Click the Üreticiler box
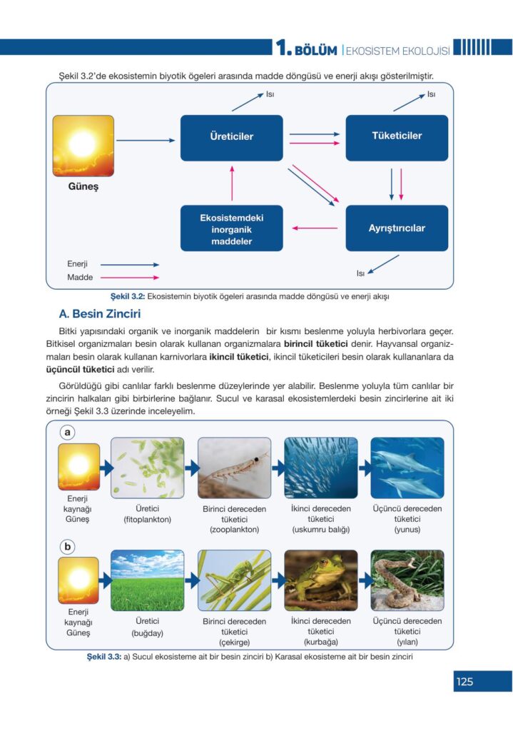click(x=232, y=138)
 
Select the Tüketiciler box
click(x=397, y=138)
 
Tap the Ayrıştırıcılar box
click(x=397, y=228)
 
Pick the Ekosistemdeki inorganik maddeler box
click(x=232, y=228)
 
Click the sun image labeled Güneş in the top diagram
click(x=83, y=146)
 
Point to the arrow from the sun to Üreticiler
click(x=146, y=140)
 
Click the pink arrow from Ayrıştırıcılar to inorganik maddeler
click(x=315, y=228)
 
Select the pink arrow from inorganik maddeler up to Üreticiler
click(x=232, y=183)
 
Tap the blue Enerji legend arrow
click(x=130, y=264)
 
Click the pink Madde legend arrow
click(x=130, y=278)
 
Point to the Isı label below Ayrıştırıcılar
click(x=360, y=273)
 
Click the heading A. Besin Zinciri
click(x=100, y=314)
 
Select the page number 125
click(x=464, y=682)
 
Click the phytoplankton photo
click(x=147, y=468)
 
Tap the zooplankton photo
click(x=234, y=468)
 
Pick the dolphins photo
click(x=407, y=468)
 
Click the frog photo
click(x=321, y=580)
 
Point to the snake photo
click(x=407, y=580)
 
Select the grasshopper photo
click(x=234, y=580)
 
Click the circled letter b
click(x=68, y=546)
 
